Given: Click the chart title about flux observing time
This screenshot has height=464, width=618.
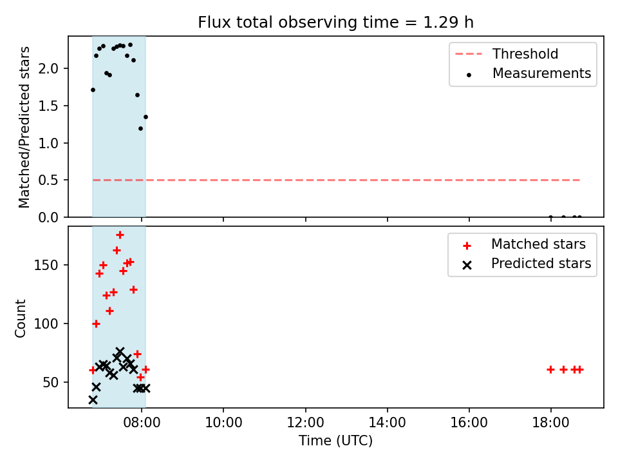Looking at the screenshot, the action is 335,22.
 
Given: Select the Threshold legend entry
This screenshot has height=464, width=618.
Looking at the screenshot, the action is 507,53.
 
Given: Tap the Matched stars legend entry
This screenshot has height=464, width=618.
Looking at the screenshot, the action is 524,244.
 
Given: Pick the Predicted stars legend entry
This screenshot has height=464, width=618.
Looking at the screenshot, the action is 527,264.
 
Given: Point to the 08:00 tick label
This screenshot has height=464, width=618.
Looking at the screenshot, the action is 142,423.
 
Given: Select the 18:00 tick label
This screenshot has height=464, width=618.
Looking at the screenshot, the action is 550,423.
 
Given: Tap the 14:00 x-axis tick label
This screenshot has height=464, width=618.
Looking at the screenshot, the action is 387,423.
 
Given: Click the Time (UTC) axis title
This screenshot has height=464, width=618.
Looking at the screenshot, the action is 335,440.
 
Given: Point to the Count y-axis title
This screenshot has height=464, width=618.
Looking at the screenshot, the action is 20,318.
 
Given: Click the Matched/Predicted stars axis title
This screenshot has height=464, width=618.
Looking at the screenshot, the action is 24,127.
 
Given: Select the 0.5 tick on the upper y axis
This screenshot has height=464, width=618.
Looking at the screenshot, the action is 48,180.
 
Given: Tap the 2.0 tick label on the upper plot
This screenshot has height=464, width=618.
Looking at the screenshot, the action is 48,69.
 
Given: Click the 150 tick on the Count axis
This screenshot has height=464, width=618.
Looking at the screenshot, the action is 46,265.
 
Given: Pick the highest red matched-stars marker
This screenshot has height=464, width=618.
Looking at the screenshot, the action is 120,235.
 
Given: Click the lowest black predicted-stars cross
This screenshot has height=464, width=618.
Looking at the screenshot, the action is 93,400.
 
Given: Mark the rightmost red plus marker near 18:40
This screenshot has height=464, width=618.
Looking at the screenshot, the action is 579,370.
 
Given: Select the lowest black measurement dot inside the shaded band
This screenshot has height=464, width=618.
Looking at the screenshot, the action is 141,129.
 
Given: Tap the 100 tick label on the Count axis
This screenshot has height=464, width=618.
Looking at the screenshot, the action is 46,324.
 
